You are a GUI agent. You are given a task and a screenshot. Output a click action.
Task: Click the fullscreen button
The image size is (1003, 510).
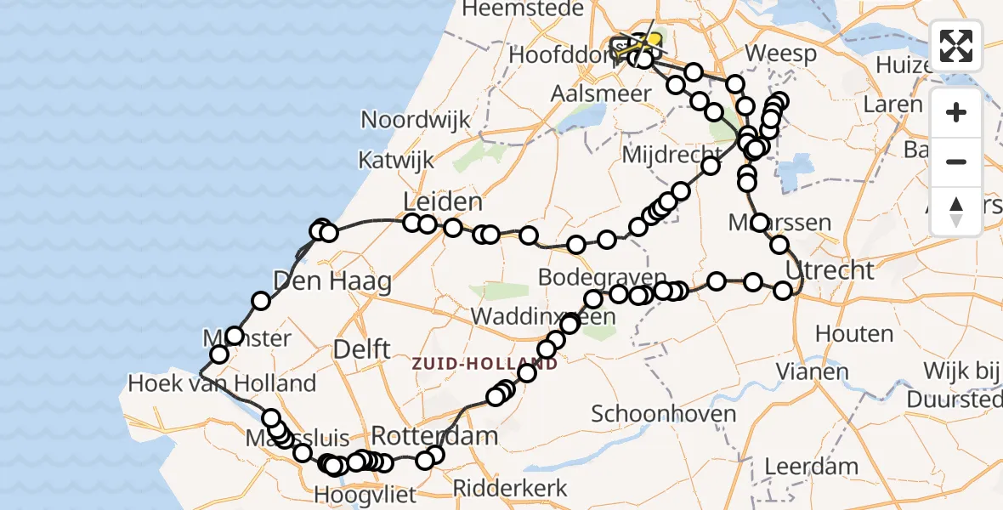pos(956,46)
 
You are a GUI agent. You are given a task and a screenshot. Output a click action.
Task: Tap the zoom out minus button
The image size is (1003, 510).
pos(956,161)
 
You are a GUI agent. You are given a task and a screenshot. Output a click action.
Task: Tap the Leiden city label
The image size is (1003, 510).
pos(442,202)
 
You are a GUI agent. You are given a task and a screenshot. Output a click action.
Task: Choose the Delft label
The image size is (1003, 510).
pos(362,348)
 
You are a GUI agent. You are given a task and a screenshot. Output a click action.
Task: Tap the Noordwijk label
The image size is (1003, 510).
pos(416,119)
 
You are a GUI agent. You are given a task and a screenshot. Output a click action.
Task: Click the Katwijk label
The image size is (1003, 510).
pos(396,160)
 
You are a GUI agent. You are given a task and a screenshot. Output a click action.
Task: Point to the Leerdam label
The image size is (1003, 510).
pos(811,466)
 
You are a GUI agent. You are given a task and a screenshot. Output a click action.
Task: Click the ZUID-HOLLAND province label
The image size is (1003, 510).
pos(484,364)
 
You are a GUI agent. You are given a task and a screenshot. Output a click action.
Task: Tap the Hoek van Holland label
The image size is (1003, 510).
pos(222,383)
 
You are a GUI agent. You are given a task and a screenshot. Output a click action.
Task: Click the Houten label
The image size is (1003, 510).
pos(853,333)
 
